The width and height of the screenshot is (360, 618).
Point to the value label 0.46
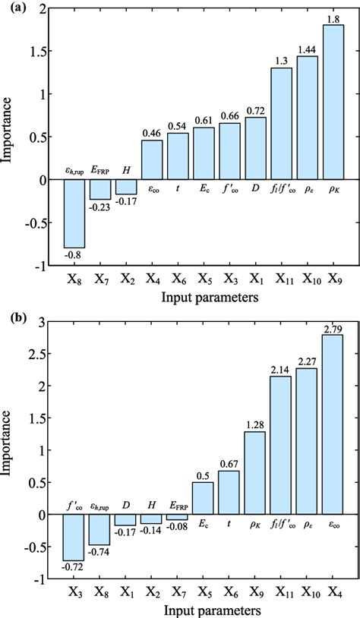click(x=152, y=133)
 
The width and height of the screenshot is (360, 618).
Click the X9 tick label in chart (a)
click(x=333, y=279)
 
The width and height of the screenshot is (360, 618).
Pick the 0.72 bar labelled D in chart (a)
click(x=255, y=148)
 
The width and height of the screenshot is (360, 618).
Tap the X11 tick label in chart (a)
click(x=282, y=279)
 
